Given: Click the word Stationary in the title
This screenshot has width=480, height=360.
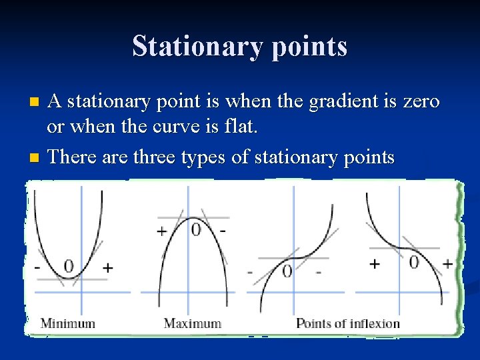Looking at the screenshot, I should (x=193, y=47).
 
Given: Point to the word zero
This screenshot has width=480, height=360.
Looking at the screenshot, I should (x=419, y=102).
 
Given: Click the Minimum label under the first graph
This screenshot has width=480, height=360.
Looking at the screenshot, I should (x=68, y=324).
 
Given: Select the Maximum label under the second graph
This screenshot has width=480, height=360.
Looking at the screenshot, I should (x=193, y=324).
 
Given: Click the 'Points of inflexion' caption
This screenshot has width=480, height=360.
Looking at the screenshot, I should (x=348, y=324).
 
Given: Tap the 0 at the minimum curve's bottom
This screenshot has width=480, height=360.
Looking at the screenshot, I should (x=68, y=266).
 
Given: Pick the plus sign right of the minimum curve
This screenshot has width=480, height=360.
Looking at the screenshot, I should (x=107, y=268).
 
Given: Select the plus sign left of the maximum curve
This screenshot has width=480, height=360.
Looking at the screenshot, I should (x=161, y=231).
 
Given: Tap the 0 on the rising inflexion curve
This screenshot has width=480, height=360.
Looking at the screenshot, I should (x=287, y=271).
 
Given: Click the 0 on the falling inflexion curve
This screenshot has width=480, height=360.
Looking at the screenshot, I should (x=414, y=263).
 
